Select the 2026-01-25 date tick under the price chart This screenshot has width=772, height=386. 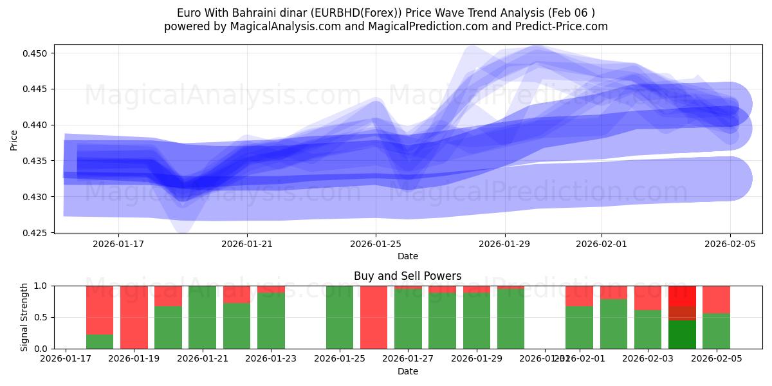[x=376, y=244]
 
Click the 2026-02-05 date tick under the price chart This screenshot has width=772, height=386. [x=730, y=244]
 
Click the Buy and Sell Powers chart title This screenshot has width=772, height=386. [x=407, y=276]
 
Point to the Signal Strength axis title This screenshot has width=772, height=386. [x=24, y=317]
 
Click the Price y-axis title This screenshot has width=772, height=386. [x=14, y=140]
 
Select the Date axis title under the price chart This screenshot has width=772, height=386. [x=407, y=256]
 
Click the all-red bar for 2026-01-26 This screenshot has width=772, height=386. [x=374, y=317]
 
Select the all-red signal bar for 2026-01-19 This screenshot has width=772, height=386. [x=134, y=317]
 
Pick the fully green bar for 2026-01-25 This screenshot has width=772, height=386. [x=340, y=317]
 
